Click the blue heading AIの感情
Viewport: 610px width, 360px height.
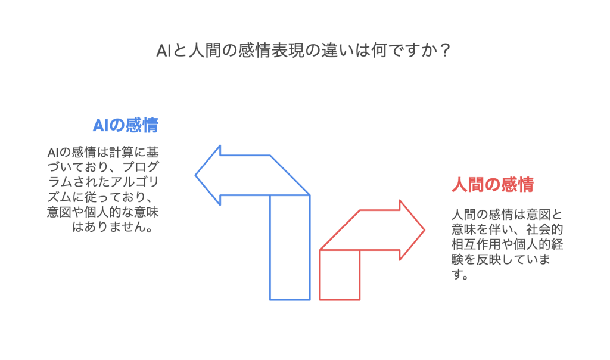click(x=125, y=125)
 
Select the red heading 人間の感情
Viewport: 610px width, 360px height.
click(x=491, y=185)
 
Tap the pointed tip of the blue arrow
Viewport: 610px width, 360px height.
click(x=197, y=175)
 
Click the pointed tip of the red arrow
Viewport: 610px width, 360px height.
click(x=424, y=229)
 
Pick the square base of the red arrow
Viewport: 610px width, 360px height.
click(x=340, y=275)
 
